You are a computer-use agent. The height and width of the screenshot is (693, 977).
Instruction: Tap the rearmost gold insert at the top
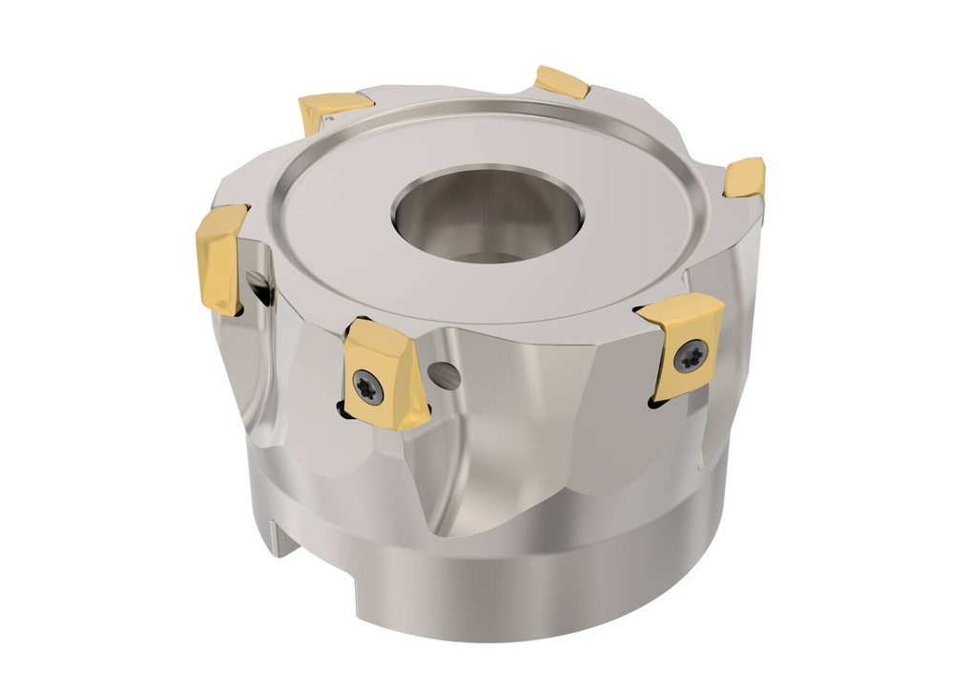point(562,82)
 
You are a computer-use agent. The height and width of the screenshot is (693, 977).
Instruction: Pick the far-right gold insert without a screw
point(744,178)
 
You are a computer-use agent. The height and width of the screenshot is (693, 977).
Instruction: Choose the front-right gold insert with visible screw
point(682,345)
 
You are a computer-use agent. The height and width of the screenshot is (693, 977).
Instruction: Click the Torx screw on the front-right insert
point(690,356)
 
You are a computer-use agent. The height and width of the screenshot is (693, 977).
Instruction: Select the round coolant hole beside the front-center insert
point(446,375)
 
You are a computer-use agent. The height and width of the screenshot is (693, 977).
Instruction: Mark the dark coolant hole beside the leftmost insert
point(256,284)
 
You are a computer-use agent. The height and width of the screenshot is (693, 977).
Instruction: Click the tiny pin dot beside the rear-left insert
point(329,120)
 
